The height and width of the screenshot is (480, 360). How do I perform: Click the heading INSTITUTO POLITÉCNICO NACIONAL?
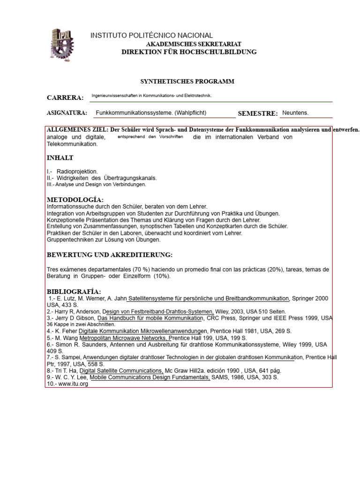point(151,36)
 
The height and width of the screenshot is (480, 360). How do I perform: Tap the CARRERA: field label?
point(65,97)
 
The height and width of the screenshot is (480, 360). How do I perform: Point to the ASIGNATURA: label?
point(67,113)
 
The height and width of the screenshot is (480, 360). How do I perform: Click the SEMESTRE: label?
point(258,113)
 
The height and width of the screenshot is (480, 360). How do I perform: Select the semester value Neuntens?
point(295,113)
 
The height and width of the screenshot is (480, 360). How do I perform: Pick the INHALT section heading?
point(60,158)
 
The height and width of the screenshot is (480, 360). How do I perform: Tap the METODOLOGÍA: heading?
point(75,200)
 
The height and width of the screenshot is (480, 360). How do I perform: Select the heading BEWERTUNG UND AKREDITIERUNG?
point(110,255)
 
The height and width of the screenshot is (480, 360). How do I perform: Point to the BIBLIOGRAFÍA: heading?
point(74,292)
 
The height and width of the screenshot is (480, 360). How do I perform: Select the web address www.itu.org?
point(73,383)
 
